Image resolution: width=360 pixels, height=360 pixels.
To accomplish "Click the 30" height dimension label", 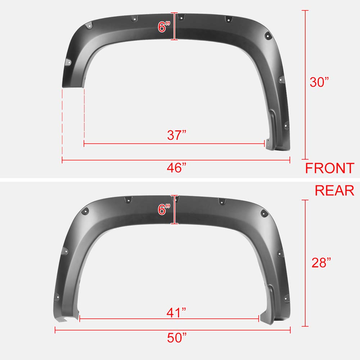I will pos(319,82).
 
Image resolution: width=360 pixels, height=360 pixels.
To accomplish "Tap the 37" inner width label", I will pos(177,135).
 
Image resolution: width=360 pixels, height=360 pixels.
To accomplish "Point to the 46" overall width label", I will pos(177,168).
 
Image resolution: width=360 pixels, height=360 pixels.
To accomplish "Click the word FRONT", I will pos(330,168).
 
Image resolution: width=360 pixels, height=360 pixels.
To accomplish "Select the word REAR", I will pos(334,190).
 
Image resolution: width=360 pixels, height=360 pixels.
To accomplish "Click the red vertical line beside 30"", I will pos(306,85).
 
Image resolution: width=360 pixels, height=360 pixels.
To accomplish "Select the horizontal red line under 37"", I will pos(175,144).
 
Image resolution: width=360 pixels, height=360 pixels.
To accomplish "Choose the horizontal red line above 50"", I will pos(173,329).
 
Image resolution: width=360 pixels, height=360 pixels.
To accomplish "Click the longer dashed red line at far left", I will pos(62,122).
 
